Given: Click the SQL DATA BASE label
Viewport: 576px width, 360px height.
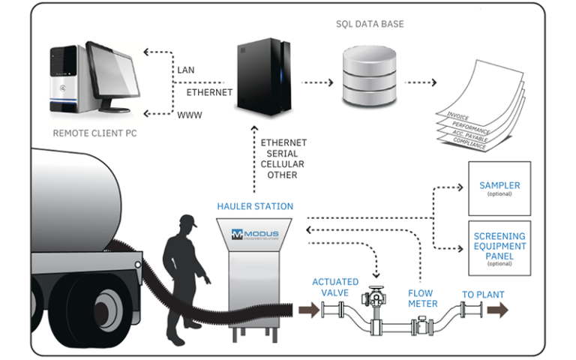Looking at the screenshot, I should click(370, 24).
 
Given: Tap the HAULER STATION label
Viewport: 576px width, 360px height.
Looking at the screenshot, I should click(255, 206).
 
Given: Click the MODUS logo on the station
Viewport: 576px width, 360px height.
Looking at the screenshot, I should click(255, 234).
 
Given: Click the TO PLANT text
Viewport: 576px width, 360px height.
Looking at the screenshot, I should click(483, 294).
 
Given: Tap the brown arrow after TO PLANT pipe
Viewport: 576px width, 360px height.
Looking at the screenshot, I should click(498, 309).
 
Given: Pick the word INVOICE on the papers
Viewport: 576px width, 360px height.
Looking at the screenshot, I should click(458, 117).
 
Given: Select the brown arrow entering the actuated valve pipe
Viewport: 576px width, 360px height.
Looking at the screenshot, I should click(308, 309).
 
